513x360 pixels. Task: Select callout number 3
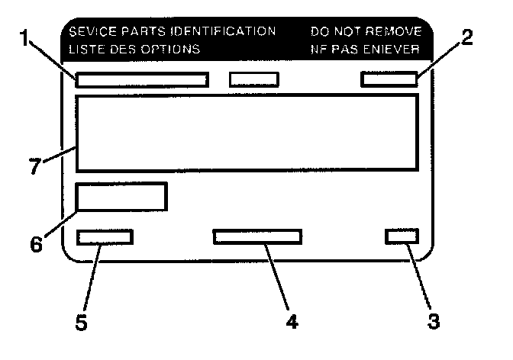tap(434, 321)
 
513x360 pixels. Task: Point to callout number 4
tap(292, 321)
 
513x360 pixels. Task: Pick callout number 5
tap(82, 322)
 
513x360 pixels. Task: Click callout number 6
tap(36, 244)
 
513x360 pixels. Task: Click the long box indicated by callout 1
tap(142, 79)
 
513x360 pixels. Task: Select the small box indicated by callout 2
tap(389, 79)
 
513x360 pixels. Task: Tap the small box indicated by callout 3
tap(402, 236)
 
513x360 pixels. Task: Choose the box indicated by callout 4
tap(257, 236)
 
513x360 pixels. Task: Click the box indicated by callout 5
tap(105, 236)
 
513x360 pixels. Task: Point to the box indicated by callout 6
tap(121, 197)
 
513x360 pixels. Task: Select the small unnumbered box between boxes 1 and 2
tap(254, 79)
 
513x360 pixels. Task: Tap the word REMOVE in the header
tap(395, 32)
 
